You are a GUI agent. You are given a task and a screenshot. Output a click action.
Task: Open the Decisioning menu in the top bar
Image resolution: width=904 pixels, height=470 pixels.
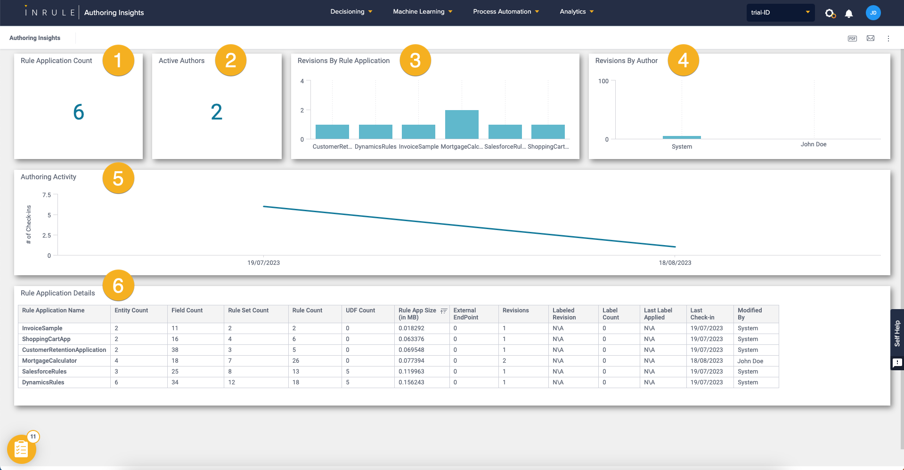point(351,12)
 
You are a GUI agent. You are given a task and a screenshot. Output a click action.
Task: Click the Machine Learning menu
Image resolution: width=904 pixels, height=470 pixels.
point(422,12)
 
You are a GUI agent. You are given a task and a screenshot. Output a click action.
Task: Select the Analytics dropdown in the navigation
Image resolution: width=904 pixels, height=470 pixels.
point(576,12)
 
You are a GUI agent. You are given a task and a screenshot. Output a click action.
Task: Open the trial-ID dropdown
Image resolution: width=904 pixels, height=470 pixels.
point(780,13)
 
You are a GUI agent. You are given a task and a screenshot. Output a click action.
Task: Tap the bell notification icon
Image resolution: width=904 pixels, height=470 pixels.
point(848,13)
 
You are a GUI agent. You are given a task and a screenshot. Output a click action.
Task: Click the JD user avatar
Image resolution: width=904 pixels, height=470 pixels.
point(873,13)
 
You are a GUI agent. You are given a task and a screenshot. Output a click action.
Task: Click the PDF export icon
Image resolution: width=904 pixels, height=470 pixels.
point(852,39)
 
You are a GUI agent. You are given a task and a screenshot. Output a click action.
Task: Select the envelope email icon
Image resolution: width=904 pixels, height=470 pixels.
point(871,38)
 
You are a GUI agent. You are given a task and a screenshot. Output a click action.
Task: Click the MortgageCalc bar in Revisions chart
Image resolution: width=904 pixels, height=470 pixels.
point(462,125)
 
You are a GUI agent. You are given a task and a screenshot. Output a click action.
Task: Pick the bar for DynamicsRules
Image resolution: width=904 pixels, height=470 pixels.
point(375,132)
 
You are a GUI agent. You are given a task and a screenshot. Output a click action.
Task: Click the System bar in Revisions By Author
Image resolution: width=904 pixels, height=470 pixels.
point(682,137)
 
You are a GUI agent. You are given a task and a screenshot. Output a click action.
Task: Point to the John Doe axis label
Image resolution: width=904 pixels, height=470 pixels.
point(813,144)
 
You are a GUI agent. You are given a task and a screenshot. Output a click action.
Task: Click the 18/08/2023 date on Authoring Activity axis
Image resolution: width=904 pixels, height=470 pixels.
point(675,263)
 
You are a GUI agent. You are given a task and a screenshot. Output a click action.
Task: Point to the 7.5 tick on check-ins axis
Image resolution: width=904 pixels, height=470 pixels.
point(47,195)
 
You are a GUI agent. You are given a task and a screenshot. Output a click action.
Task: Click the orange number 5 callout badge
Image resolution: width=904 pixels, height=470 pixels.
point(118,178)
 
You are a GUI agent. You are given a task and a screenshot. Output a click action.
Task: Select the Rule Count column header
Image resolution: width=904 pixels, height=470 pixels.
point(307,311)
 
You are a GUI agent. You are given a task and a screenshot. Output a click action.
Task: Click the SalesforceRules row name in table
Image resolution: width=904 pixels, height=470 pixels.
point(44,372)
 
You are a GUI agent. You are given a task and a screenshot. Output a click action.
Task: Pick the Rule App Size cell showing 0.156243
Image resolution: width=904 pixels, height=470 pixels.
point(411,382)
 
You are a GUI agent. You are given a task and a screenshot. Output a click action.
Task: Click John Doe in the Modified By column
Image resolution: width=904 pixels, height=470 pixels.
point(750,361)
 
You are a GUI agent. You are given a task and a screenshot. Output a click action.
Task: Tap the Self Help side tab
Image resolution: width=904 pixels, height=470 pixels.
point(897,334)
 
